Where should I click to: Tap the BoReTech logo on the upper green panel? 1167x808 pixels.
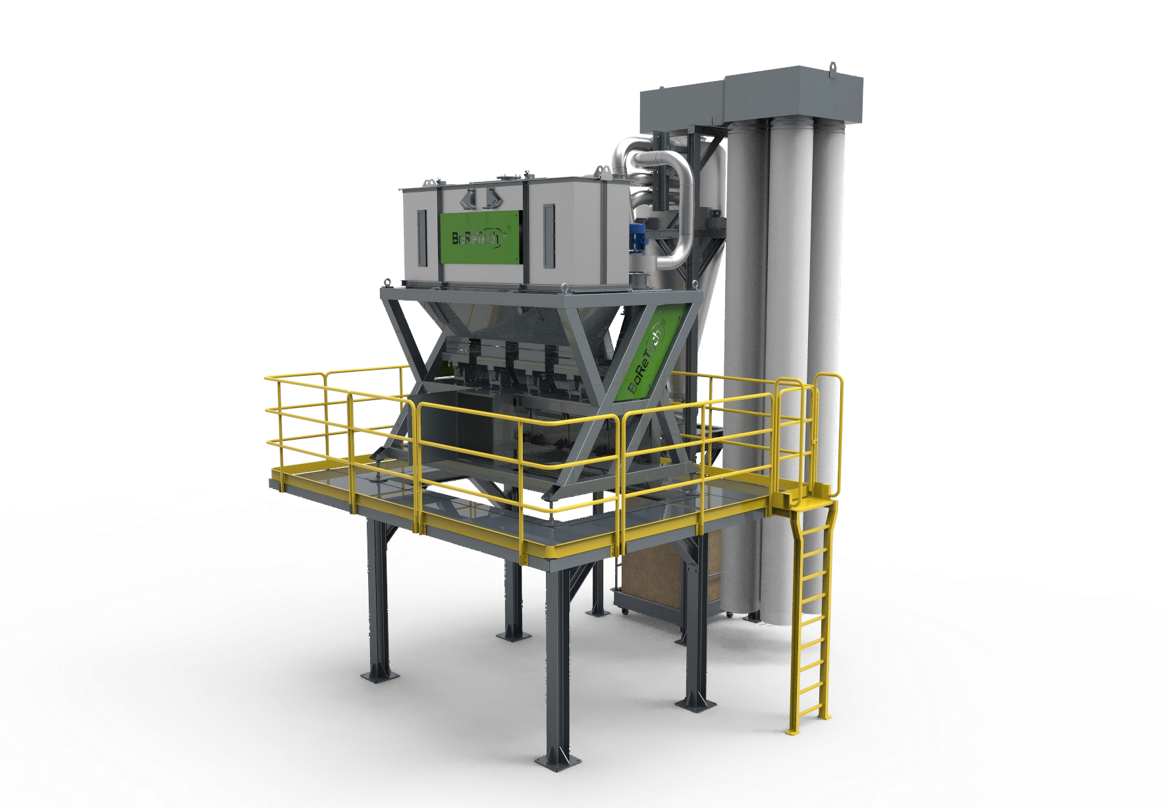point(477,237)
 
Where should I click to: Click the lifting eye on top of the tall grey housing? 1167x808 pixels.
point(834,66)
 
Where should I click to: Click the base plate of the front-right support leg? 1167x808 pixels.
point(695,701)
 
